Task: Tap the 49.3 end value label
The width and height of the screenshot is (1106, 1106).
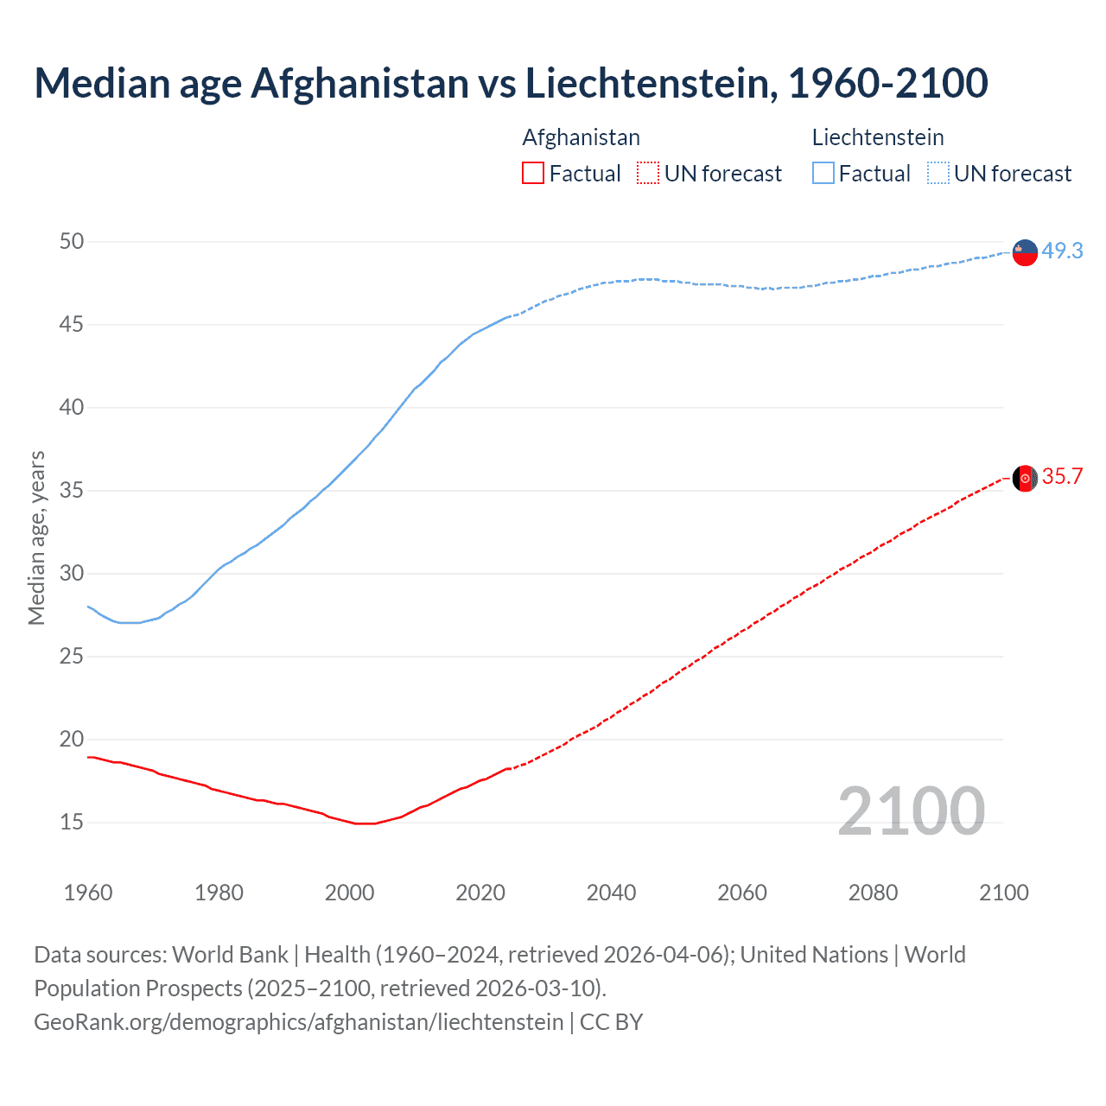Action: click(x=1062, y=251)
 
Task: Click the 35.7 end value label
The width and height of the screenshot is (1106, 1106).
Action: click(x=1062, y=477)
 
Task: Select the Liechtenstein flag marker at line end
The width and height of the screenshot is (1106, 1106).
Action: click(x=1025, y=252)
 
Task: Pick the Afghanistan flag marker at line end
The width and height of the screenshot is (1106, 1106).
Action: click(x=1025, y=478)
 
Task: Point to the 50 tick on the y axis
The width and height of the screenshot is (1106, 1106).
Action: click(x=72, y=242)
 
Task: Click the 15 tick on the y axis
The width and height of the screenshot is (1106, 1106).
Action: click(x=72, y=822)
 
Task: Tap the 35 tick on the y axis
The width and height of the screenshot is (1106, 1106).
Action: click(x=72, y=491)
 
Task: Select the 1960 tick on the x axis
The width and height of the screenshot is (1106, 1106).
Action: click(x=88, y=893)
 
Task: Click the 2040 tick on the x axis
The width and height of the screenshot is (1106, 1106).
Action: click(x=611, y=893)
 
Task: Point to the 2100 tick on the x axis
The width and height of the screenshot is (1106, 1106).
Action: click(x=1003, y=893)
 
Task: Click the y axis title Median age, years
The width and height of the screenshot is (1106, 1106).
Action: click(x=36, y=537)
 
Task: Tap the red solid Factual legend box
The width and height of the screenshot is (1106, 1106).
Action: click(x=533, y=174)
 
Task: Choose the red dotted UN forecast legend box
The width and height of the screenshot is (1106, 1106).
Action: click(x=648, y=174)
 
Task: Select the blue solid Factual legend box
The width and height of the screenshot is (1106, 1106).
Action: click(x=823, y=174)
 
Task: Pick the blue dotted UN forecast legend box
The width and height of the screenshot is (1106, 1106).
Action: click(x=938, y=174)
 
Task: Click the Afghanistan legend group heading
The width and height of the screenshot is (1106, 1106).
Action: click(x=581, y=137)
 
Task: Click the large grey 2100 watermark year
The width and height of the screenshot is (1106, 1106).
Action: click(x=911, y=810)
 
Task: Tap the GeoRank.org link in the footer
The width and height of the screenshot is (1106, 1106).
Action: click(x=298, y=1022)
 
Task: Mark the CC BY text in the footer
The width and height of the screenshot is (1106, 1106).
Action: click(x=611, y=1022)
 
